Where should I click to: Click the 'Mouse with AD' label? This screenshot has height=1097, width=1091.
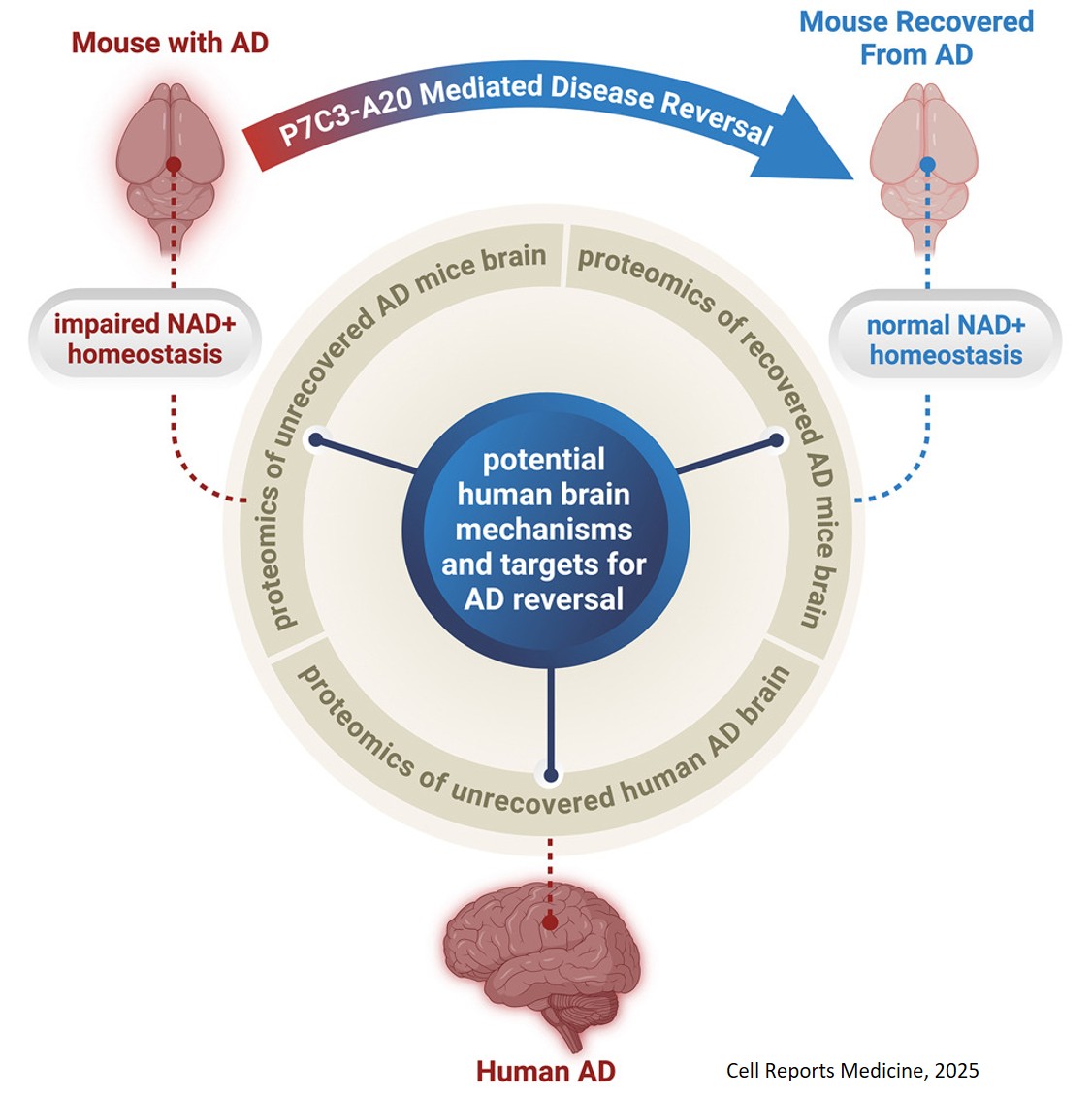pyautogui.click(x=170, y=43)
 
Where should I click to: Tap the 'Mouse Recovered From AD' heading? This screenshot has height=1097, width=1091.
pyautogui.click(x=915, y=38)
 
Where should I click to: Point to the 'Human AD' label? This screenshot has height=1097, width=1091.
pyautogui.click(x=545, y=1071)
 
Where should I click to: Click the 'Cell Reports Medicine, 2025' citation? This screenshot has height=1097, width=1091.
pyautogui.click(x=852, y=1070)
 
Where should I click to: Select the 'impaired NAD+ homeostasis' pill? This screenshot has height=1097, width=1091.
pyautogui.click(x=145, y=339)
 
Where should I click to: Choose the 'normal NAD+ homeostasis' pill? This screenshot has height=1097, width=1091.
pyautogui.click(x=945, y=339)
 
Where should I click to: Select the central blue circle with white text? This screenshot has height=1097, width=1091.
pyautogui.click(x=545, y=529)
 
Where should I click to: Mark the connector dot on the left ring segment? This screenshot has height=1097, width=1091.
pyautogui.click(x=315, y=440)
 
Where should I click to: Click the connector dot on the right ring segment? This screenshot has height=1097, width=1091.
pyautogui.click(x=776, y=440)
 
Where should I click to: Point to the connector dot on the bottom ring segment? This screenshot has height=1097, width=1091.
pyautogui.click(x=551, y=775)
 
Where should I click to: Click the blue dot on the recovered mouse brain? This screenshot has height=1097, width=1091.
pyautogui.click(x=926, y=165)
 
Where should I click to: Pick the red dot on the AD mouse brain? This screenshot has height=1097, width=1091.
pyautogui.click(x=173, y=165)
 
